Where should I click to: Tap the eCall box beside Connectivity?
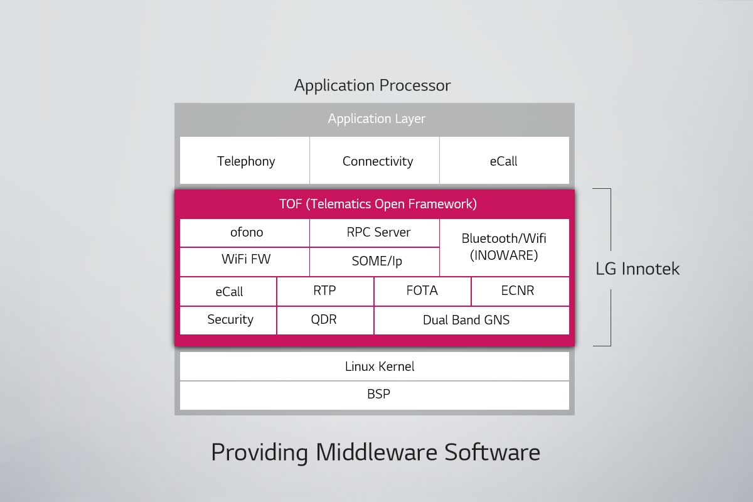pyautogui.click(x=504, y=161)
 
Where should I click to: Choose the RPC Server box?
pyautogui.click(x=375, y=233)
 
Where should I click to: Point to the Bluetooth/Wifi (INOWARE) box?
pyautogui.click(x=504, y=247)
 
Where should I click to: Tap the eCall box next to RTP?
pyautogui.click(x=228, y=291)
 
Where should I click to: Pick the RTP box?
pyautogui.click(x=325, y=291)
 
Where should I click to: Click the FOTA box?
pyautogui.click(x=422, y=291)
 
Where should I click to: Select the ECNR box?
pyautogui.click(x=520, y=291)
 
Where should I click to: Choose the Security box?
pyautogui.click(x=228, y=320)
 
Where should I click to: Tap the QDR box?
pyautogui.click(x=325, y=320)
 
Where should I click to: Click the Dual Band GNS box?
pyautogui.click(x=471, y=320)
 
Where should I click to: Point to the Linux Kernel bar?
pyautogui.click(x=375, y=366)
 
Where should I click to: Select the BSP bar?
pyautogui.click(x=375, y=395)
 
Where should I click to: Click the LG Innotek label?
pyautogui.click(x=637, y=269)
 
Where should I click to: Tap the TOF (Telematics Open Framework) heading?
pyautogui.click(x=375, y=204)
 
